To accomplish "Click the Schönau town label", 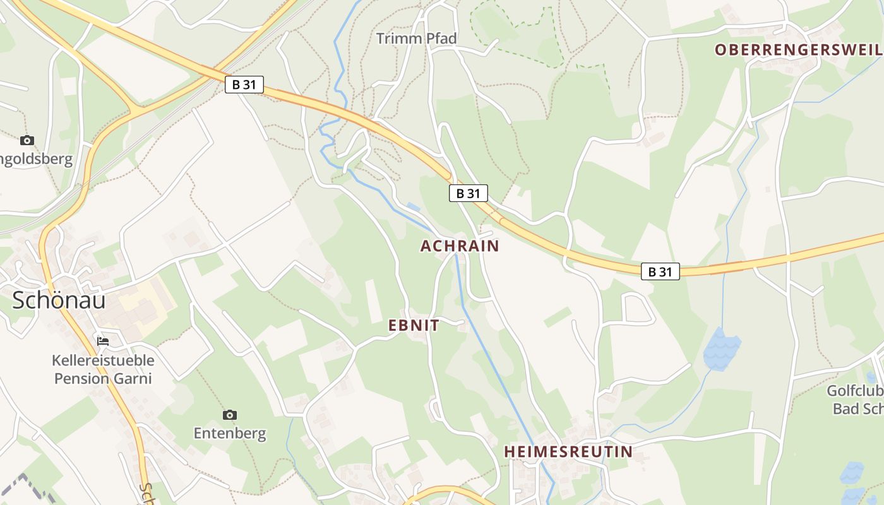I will [x=59, y=300].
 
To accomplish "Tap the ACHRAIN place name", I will [x=460, y=246].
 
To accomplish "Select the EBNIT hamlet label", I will [x=414, y=326].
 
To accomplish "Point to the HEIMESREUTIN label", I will [x=568, y=452].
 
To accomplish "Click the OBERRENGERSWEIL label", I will [x=798, y=50].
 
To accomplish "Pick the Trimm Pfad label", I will [x=416, y=39].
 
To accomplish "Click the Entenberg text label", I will [x=230, y=434].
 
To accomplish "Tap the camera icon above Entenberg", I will [x=230, y=415].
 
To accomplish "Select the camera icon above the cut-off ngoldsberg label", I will [x=27, y=140].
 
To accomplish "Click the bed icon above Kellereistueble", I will [x=103, y=342].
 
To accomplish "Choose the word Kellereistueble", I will [x=103, y=361].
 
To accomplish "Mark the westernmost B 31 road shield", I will [x=244, y=84].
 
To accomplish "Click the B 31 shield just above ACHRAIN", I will [x=469, y=193].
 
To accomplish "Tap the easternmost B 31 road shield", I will [x=660, y=271].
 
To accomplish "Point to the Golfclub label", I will [x=855, y=391].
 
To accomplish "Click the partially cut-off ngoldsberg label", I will [x=37, y=158].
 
